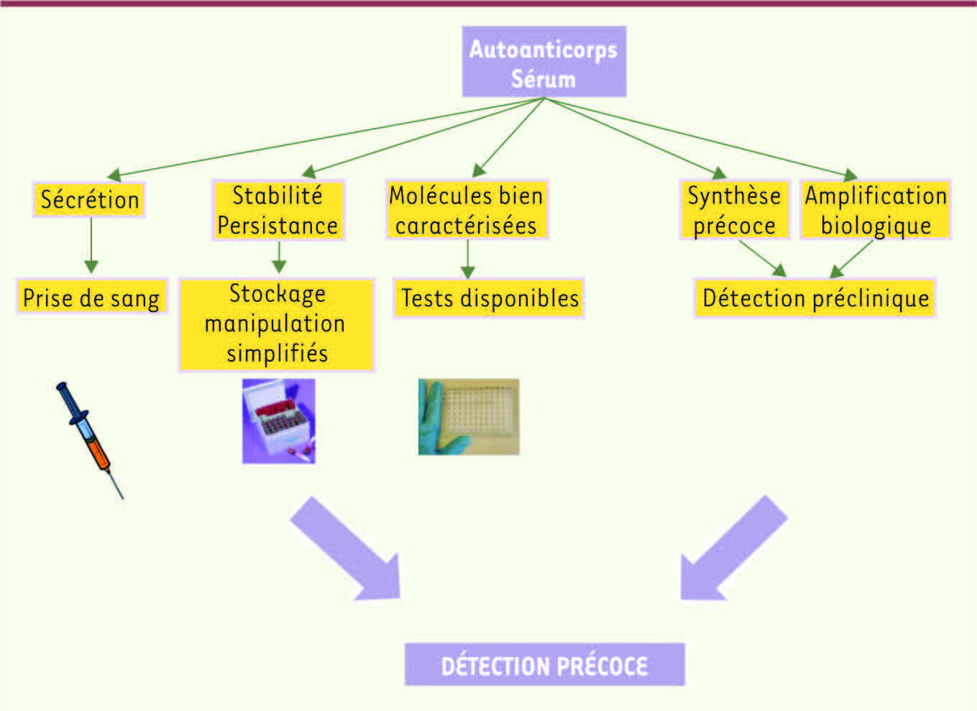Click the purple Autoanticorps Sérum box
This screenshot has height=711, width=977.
[x=544, y=61]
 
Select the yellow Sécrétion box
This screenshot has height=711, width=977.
[x=89, y=199]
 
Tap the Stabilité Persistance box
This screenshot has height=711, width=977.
[x=278, y=210]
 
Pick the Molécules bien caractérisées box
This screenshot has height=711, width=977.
[x=467, y=210]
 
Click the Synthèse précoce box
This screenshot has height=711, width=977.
[x=735, y=210]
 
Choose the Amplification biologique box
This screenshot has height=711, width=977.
[x=876, y=210]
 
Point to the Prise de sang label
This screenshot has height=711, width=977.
[x=91, y=297]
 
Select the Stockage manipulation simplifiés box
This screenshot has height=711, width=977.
[x=277, y=324]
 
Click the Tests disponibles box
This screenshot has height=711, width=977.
[x=489, y=298]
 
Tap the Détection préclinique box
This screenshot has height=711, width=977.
[x=815, y=298]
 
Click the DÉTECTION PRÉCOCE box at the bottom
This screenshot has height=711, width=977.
[x=545, y=665]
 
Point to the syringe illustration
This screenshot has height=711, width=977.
[x=89, y=440]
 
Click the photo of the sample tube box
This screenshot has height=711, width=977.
[x=279, y=421]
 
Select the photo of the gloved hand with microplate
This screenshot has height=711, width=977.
[x=469, y=417]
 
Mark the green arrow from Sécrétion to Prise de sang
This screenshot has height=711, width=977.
[x=91, y=245]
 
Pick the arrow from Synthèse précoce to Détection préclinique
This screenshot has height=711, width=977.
[x=763, y=259]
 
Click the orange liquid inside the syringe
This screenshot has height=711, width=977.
[x=99, y=454]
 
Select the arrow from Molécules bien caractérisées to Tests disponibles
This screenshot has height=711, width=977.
[x=467, y=260]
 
